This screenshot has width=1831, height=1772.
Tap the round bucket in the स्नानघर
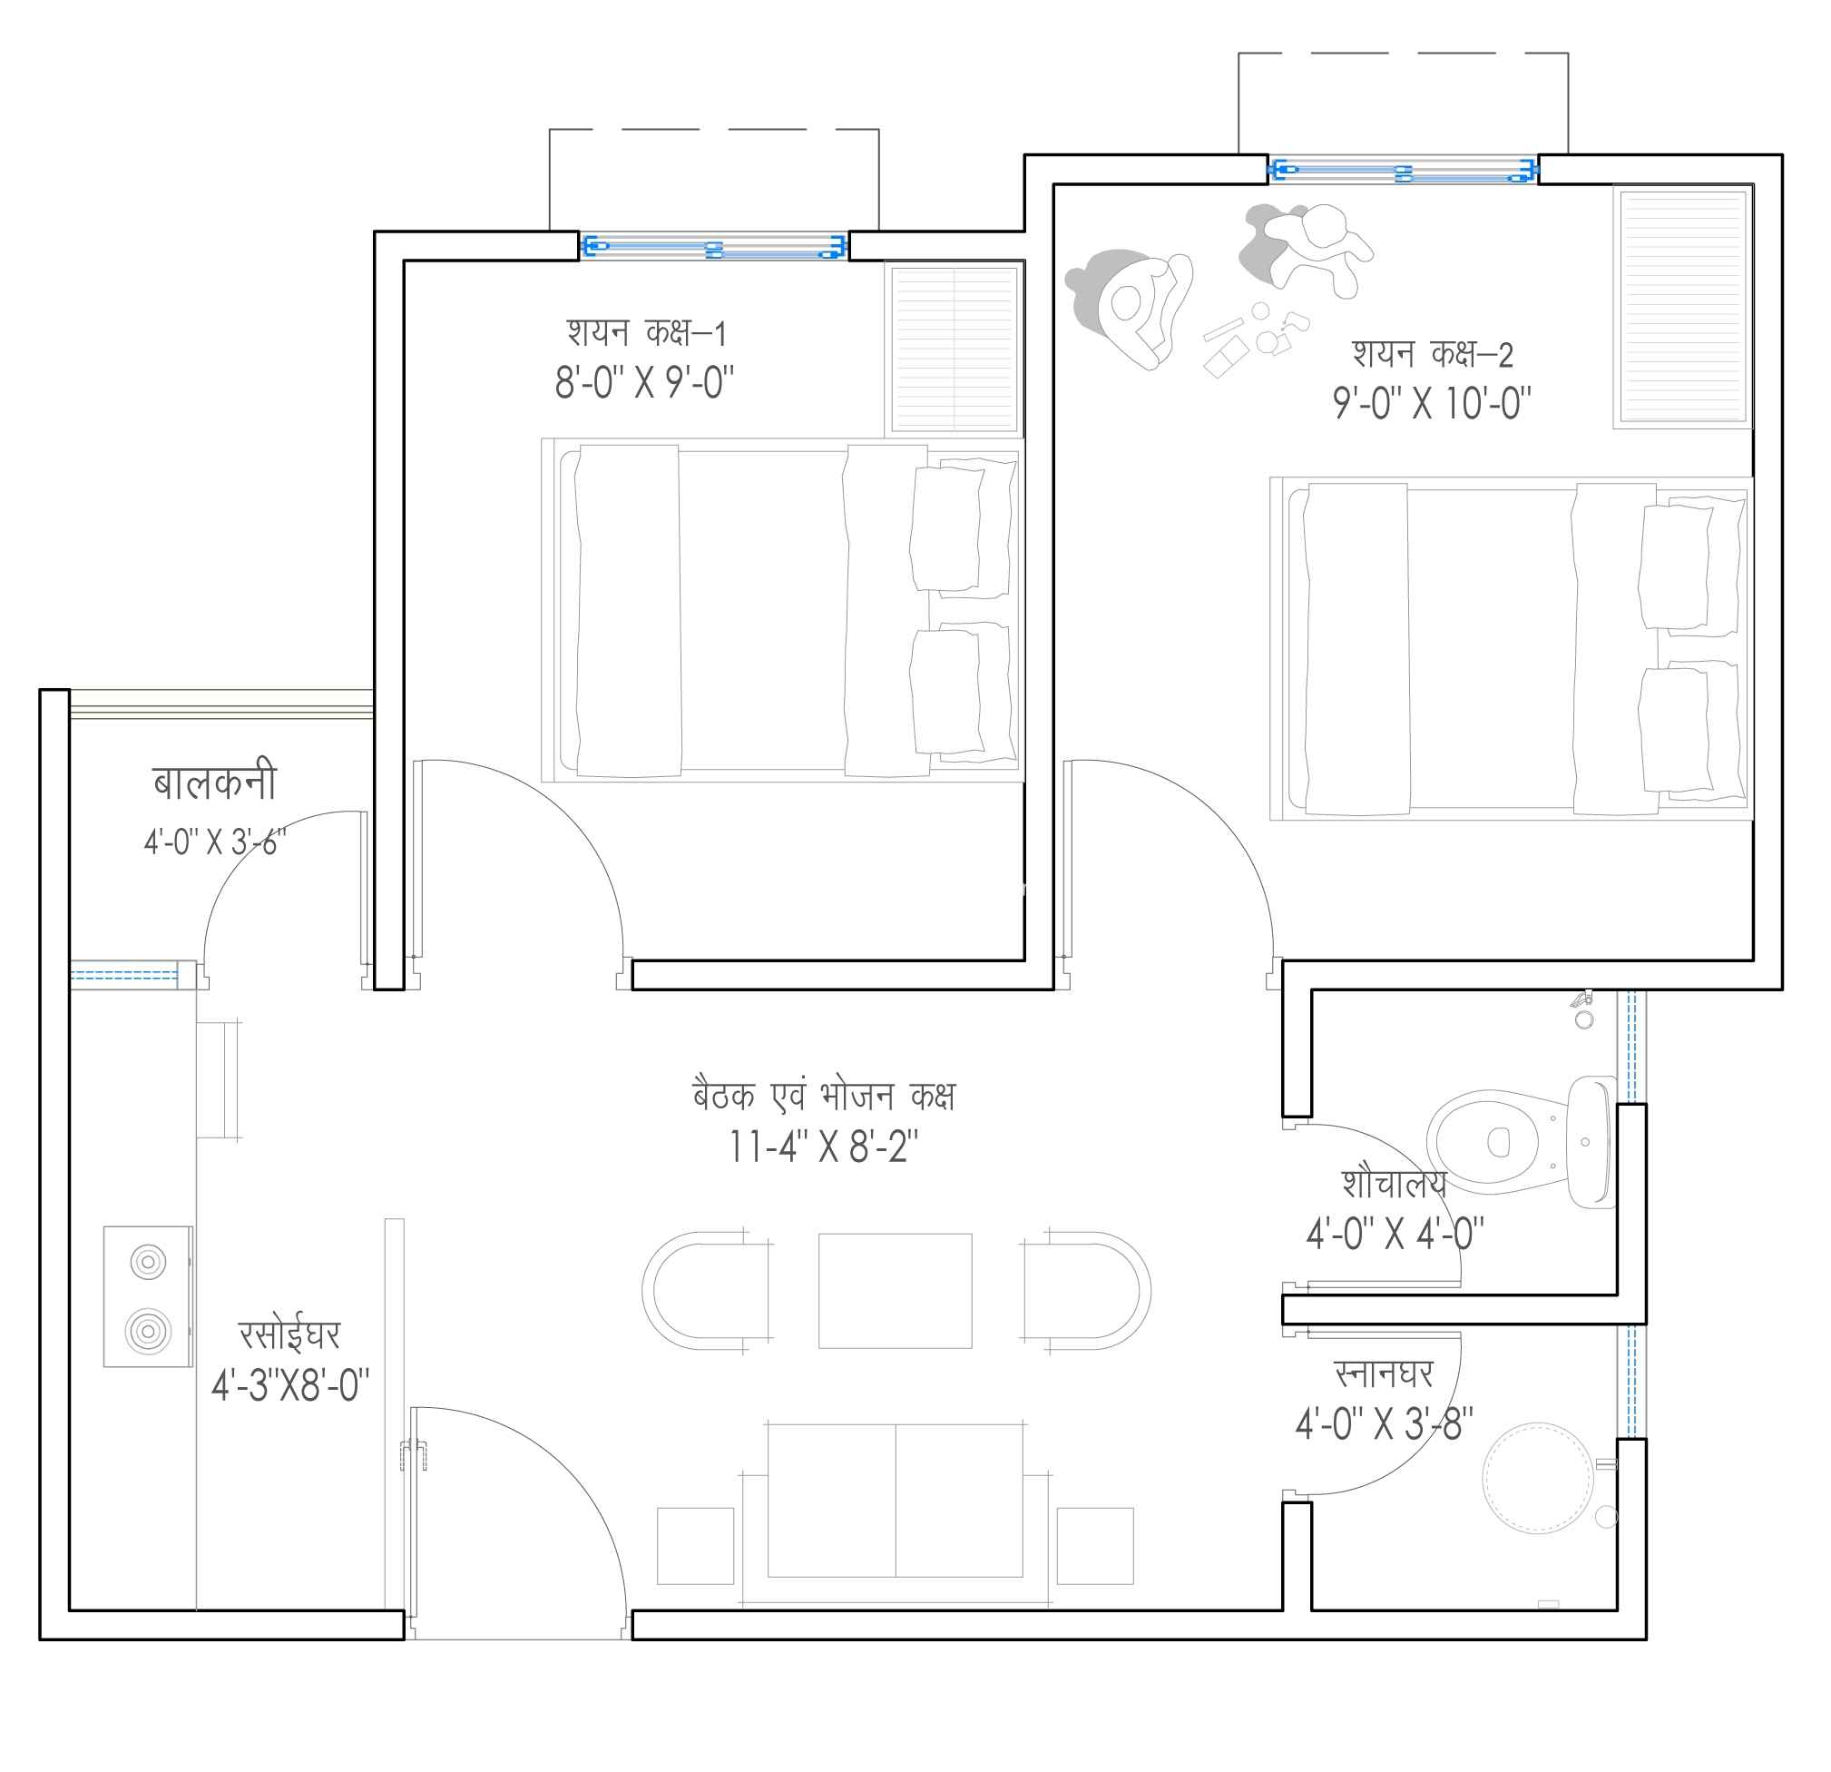pos(1538,1479)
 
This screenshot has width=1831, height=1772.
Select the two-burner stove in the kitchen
pos(149,1296)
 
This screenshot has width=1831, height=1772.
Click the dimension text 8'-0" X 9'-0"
pos(644,382)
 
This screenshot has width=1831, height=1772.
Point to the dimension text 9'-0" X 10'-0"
pos(1432,404)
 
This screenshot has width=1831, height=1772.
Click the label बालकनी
pos(215,783)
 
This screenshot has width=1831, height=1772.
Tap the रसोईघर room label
pos(289,1334)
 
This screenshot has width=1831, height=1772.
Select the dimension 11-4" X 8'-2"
pos(823,1147)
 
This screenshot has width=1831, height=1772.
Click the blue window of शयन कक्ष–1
pos(714,247)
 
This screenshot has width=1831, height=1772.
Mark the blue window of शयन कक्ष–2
pos(1403,170)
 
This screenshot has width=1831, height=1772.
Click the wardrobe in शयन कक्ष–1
pos(955,349)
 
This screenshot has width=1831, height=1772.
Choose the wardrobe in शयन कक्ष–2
pos(1682,307)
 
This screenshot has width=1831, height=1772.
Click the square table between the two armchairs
pos(895,1291)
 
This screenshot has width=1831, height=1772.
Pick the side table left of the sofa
pos(695,1546)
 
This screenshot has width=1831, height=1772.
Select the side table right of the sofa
pos(1095,1546)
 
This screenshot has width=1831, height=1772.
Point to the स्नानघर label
pos(1384,1374)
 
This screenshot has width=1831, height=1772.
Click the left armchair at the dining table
pos(706,1291)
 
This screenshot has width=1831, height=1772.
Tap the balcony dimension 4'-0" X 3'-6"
pos(215,842)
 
